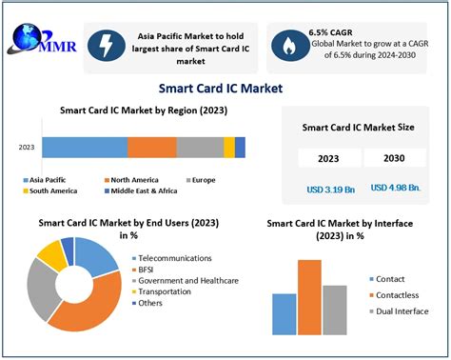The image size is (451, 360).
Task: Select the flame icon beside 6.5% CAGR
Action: point(288,44)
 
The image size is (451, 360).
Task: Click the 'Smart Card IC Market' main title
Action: point(225,89)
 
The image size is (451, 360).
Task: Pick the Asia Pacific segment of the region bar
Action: point(84,147)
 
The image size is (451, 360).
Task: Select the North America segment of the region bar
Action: point(151,147)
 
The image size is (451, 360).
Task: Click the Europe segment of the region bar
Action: point(200,147)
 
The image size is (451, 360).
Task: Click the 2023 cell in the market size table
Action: point(324,158)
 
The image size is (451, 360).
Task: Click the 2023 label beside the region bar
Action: point(28,148)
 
